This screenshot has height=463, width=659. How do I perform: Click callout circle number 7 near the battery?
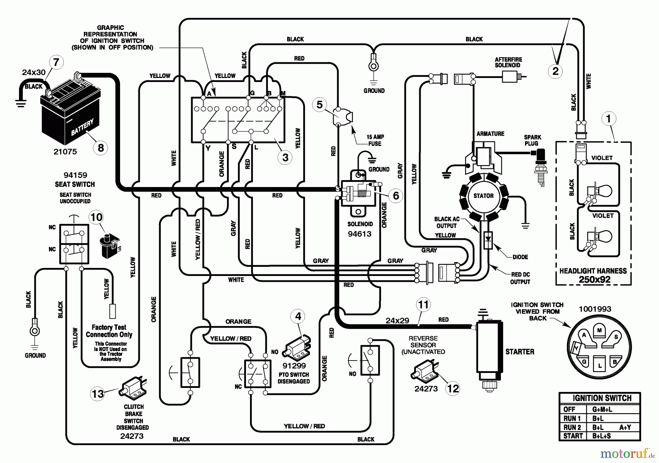coord(56,62)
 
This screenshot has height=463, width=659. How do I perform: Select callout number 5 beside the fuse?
coord(320,105)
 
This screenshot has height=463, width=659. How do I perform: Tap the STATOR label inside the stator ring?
coord(483,196)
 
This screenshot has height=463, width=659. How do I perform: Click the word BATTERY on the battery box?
coord(82,127)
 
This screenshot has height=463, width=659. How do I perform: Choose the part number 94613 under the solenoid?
coord(360,234)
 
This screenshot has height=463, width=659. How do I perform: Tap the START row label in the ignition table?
coord(573,436)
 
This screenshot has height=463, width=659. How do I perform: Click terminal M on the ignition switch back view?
coord(599,330)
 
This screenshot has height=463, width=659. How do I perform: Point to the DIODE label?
coord(520,257)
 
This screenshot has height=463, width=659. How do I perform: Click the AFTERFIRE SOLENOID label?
coord(508,62)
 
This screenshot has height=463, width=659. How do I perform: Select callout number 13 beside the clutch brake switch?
coord(98,394)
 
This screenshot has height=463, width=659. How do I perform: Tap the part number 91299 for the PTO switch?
coord(294,366)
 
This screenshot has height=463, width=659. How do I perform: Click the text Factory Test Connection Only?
coord(109,331)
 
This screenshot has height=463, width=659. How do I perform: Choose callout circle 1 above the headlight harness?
coord(609,119)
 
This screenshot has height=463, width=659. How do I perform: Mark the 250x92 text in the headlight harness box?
coord(593,280)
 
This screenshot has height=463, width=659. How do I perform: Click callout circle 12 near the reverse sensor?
coord(453,388)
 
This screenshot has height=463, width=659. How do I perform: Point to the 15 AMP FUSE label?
coord(375,140)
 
